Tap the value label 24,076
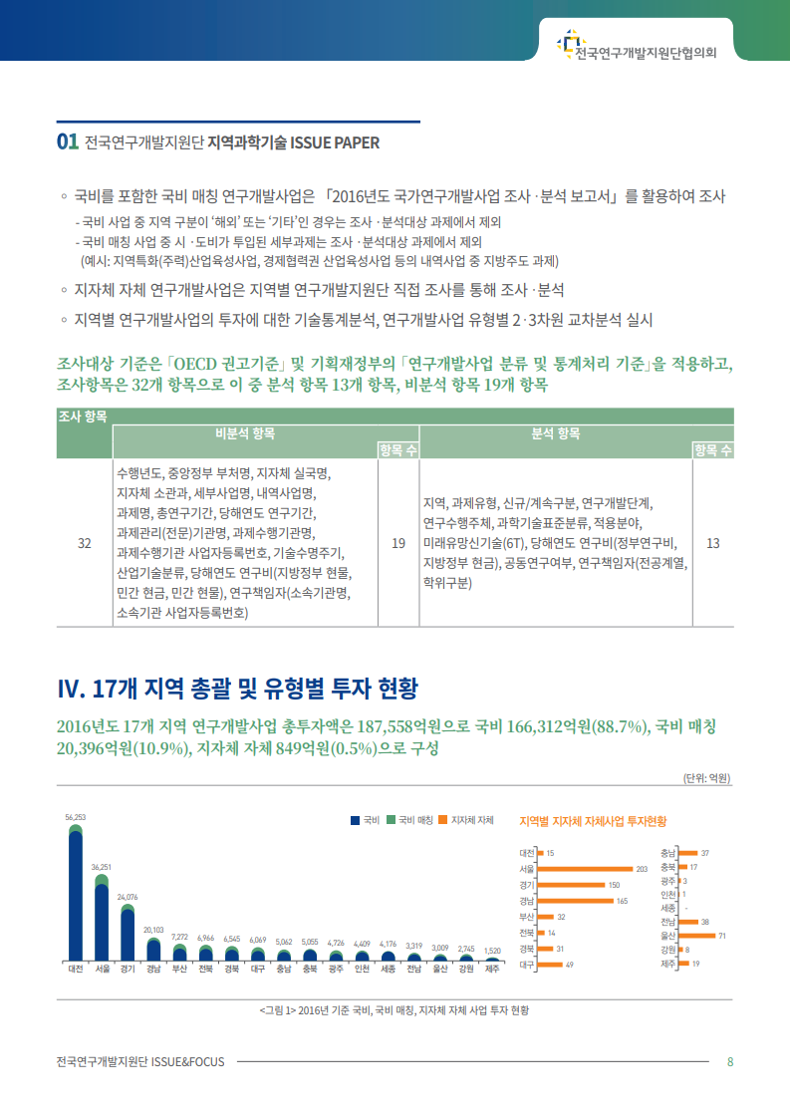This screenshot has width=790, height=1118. pos(128,897)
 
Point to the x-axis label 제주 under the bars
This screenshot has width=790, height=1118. pos(492,968)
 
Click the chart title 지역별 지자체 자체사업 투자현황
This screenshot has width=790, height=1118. pos(593,821)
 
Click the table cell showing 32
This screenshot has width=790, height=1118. pos(85,543)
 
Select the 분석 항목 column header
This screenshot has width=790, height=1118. pos(555,433)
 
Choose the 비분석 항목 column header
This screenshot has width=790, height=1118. pos(244,433)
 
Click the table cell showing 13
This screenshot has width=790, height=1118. pos(712,543)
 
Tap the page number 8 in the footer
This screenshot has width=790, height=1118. pos(730,1061)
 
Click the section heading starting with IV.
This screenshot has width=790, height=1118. pos(238,688)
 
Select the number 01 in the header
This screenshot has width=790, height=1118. pos(68,142)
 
